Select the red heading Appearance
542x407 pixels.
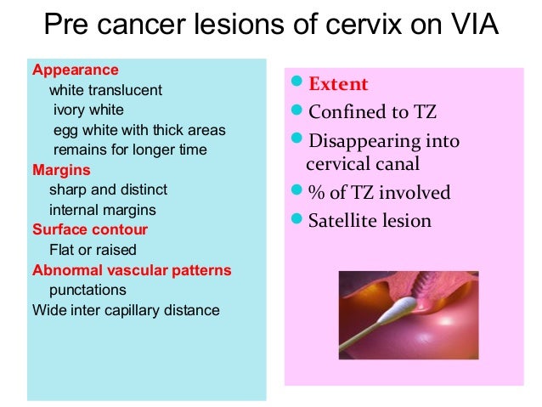pyautogui.click(x=75, y=70)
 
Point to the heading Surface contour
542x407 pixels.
pyautogui.click(x=89, y=229)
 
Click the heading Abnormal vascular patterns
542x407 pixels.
pyautogui.click(x=132, y=270)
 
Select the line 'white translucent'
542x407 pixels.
pyautogui.click(x=105, y=90)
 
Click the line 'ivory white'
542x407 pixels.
pyautogui.click(x=88, y=110)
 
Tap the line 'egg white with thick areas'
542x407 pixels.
pyautogui.click(x=139, y=130)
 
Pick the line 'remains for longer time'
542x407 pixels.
pyautogui.click(x=130, y=150)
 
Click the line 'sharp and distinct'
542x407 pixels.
pyautogui.click(x=108, y=189)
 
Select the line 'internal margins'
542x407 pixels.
pyautogui.click(x=102, y=209)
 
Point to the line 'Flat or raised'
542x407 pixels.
pyautogui.click(x=93, y=250)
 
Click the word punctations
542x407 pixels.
pyautogui.click(x=88, y=290)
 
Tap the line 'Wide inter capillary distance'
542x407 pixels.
pyautogui.click(x=126, y=310)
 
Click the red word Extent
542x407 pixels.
pyautogui.click(x=337, y=84)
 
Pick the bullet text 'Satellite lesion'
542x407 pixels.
pyautogui.click(x=370, y=221)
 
